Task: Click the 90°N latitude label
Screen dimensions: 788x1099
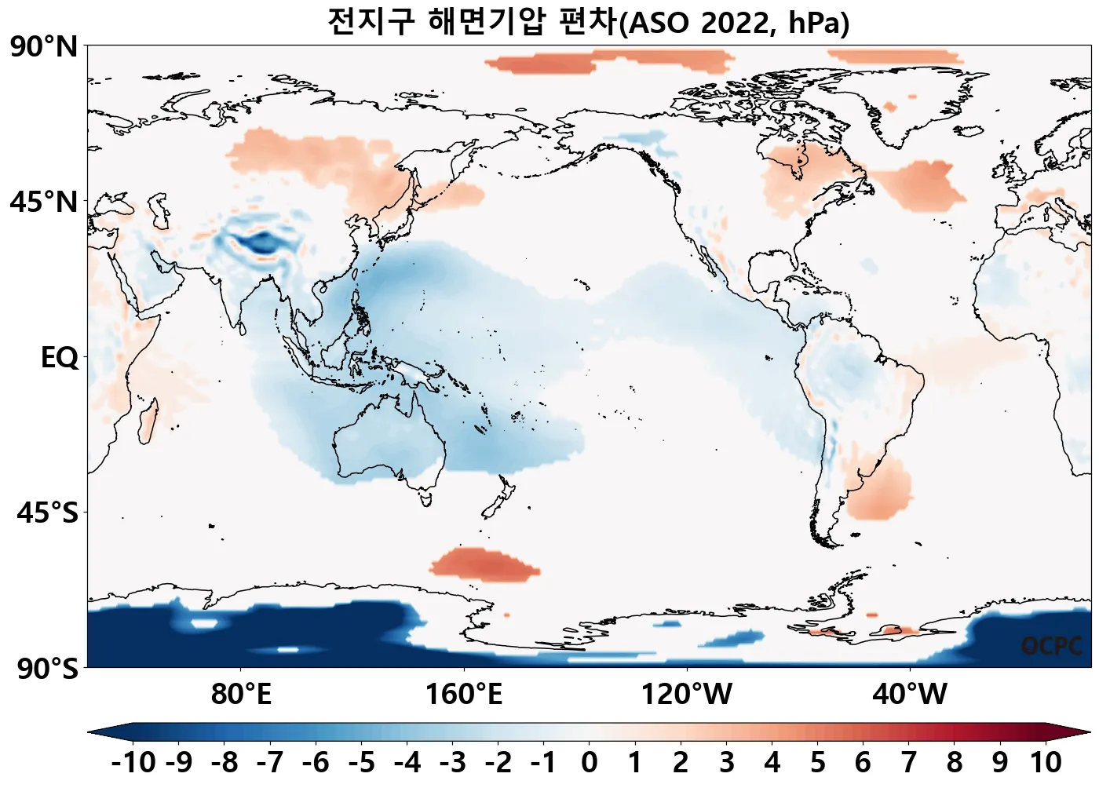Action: pyautogui.click(x=44, y=47)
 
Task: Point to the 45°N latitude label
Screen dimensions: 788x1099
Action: pyautogui.click(x=44, y=202)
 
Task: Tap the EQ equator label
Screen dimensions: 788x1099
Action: pyautogui.click(x=60, y=358)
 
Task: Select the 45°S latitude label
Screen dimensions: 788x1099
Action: pyautogui.click(x=47, y=513)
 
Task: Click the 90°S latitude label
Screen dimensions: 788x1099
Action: pyautogui.click(x=47, y=669)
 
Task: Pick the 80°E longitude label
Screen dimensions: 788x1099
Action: pyautogui.click(x=240, y=695)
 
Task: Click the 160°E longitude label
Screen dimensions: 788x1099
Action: pyautogui.click(x=463, y=695)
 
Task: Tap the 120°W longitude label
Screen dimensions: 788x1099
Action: pyautogui.click(x=686, y=695)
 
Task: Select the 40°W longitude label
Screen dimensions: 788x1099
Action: pyautogui.click(x=909, y=695)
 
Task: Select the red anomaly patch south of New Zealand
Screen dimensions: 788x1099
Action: pyautogui.click(x=483, y=564)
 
